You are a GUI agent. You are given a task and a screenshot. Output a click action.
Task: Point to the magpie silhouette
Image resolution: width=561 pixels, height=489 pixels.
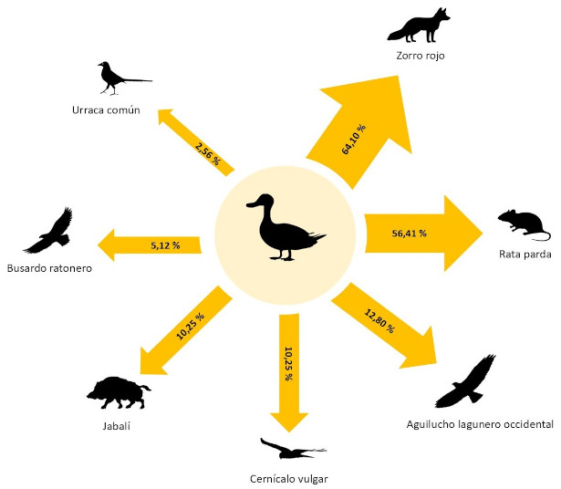(119, 78)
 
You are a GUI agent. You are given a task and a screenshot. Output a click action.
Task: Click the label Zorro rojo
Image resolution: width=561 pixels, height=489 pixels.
(420, 56)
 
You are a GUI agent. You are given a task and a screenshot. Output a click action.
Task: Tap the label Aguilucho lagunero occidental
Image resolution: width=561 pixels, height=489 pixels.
(480, 424)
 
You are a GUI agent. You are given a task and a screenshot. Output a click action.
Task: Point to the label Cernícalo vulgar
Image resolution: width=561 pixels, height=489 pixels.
(288, 478)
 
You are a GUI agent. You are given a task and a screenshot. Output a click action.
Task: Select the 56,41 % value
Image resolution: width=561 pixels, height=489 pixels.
(409, 233)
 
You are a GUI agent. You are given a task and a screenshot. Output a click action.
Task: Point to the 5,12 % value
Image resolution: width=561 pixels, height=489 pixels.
(165, 245)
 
